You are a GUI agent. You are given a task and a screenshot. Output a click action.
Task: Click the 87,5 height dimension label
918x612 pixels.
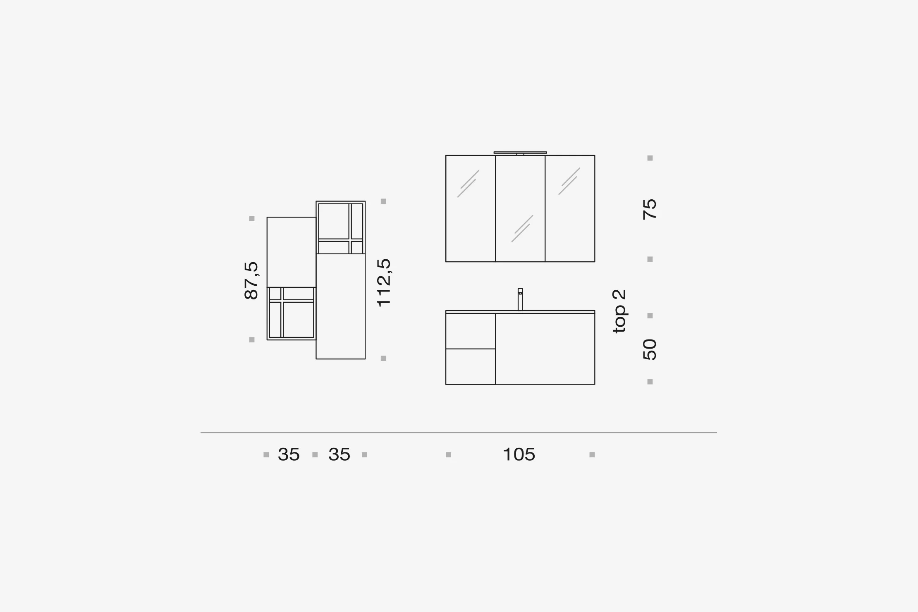point(251,280)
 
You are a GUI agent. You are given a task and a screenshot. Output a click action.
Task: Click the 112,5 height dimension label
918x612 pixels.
point(384,282)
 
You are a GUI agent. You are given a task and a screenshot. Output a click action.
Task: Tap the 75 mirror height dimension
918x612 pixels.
point(650,209)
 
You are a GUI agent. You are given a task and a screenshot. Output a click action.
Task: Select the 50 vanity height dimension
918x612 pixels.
point(650,349)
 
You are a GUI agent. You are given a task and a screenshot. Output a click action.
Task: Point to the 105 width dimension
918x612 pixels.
point(519,454)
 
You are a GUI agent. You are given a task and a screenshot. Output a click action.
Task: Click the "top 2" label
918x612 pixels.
point(619,311)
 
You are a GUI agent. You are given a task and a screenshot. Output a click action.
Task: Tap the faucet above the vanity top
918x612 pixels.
point(520,299)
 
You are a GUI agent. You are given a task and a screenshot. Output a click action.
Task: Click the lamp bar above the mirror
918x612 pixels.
point(520,153)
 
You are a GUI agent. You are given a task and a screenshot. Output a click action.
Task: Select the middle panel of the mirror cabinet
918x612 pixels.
point(520,208)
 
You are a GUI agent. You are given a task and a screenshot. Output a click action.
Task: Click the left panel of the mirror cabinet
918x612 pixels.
point(471,208)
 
